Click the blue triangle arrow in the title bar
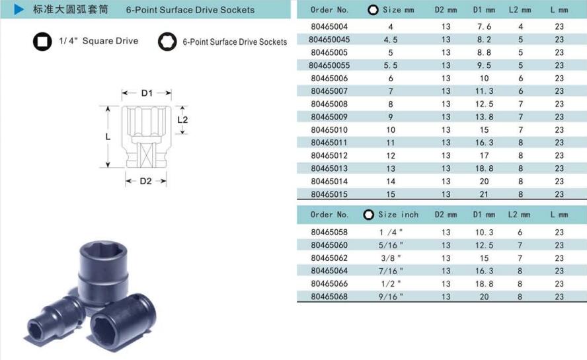(x=19, y=9)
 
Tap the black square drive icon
(x=42, y=41)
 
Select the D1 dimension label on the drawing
(x=147, y=92)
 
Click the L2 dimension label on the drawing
(x=182, y=120)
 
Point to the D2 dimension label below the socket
(x=145, y=181)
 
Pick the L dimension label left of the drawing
(x=108, y=137)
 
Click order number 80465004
(x=329, y=26)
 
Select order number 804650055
(x=329, y=65)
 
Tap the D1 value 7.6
(x=484, y=26)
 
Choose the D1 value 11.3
(x=484, y=91)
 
